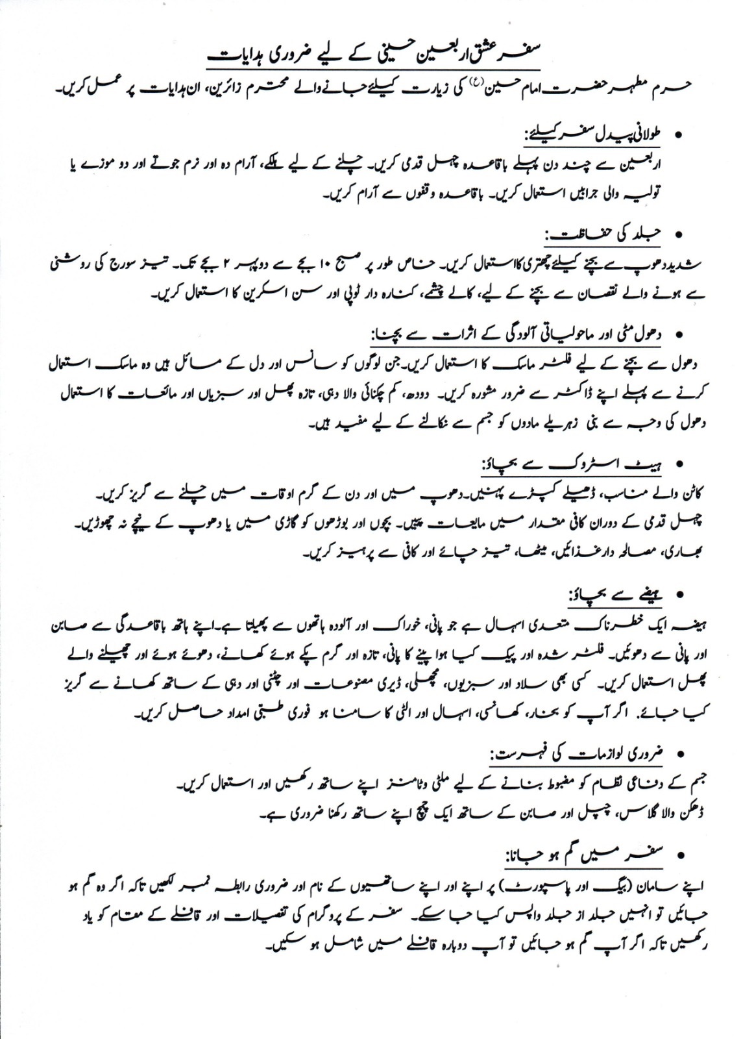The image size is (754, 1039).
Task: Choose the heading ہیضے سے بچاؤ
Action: coord(616,594)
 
